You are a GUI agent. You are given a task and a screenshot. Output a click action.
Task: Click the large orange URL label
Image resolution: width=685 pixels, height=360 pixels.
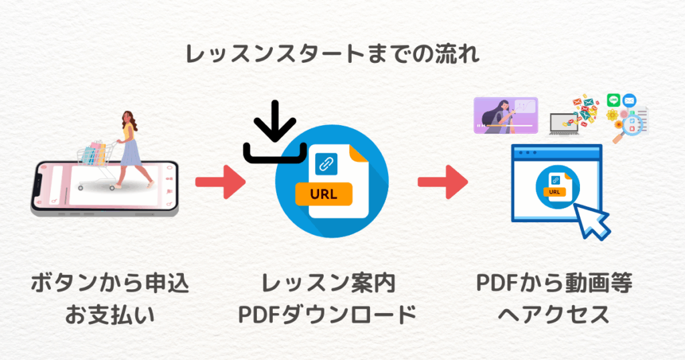[325, 195]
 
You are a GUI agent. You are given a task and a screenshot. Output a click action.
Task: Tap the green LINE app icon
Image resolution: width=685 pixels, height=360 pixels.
[614, 100]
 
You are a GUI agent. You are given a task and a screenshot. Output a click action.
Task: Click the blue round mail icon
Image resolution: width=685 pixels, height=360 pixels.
[629, 100]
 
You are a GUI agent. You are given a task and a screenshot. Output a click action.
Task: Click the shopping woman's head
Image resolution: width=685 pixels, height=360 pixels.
[128, 118]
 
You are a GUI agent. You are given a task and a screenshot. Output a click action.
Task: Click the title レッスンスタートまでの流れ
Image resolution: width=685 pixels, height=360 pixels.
[332, 55]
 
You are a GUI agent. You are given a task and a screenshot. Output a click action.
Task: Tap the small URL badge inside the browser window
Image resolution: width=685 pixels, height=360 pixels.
[554, 192]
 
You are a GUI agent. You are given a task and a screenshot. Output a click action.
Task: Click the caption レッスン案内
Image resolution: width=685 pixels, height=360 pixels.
[328, 284]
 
